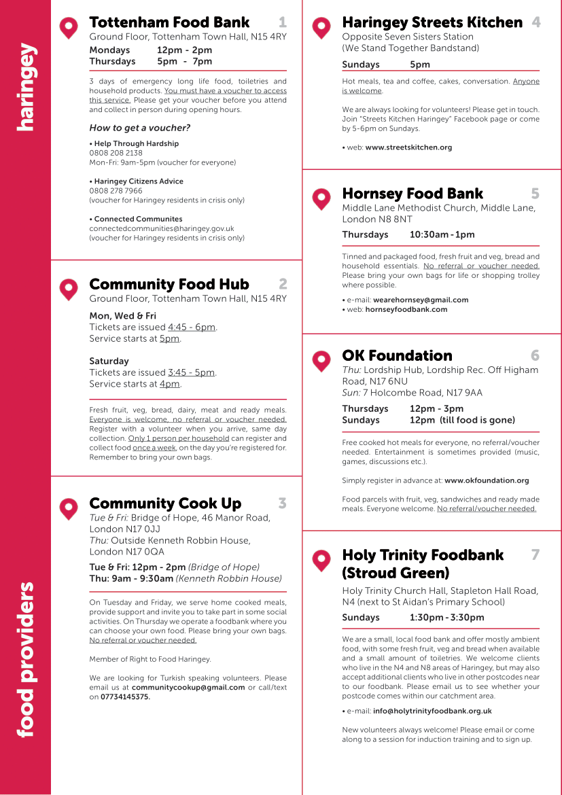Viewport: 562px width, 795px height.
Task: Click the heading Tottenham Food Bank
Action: coord(169,23)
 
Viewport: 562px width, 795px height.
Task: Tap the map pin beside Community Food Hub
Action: coord(69,288)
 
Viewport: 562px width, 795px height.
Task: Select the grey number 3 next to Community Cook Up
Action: coord(282,503)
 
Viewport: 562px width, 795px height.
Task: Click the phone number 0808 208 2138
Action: coord(116,153)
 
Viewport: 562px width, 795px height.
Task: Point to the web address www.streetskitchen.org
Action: coord(408,147)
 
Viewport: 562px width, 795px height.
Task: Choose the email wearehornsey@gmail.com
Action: coord(421,300)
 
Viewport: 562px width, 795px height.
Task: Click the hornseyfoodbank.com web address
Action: coord(406,309)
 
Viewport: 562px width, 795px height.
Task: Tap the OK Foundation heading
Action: coord(397,356)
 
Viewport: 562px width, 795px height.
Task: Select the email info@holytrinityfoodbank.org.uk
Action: coord(432,711)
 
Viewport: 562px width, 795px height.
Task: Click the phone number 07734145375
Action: coord(126,696)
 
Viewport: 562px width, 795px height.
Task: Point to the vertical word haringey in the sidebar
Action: coord(25,88)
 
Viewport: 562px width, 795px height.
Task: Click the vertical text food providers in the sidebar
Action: coord(25,658)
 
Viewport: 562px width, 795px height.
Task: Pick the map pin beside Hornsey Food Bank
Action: coord(321,198)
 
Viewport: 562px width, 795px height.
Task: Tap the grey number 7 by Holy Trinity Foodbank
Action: coord(535,555)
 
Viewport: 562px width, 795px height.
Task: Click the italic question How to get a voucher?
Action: coord(140,128)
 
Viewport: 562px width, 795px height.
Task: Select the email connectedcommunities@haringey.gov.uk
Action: coord(162,229)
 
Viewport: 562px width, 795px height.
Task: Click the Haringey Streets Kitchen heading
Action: coord(432,23)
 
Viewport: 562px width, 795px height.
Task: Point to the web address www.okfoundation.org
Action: coord(487,480)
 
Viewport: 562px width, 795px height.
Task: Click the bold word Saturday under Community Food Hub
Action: coord(109,361)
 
